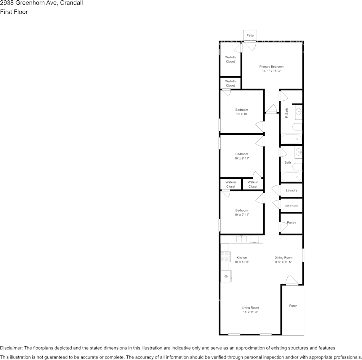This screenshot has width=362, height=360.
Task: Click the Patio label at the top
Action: [250, 35]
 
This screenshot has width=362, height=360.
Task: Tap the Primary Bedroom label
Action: [271, 67]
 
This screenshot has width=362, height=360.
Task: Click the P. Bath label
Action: [287, 113]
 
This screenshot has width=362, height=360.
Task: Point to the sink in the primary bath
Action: [299, 112]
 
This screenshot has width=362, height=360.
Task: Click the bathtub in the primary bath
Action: [292, 139]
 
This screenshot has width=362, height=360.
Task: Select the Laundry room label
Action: [292, 190]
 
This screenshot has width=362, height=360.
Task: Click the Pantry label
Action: [292, 223]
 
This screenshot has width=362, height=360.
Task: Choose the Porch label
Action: [293, 306]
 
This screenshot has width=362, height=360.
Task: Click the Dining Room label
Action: [283, 258]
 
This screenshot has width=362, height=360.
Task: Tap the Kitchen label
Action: [242, 258]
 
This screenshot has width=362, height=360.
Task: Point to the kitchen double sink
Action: [241, 239]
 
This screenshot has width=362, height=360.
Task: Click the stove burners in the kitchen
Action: [224, 257]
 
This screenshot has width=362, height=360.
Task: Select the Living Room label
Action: [250, 307]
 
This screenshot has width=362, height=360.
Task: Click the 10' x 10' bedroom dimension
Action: [242, 114]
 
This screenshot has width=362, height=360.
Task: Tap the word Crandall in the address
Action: [72, 3]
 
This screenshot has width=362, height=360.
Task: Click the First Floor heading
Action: [14, 12]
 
